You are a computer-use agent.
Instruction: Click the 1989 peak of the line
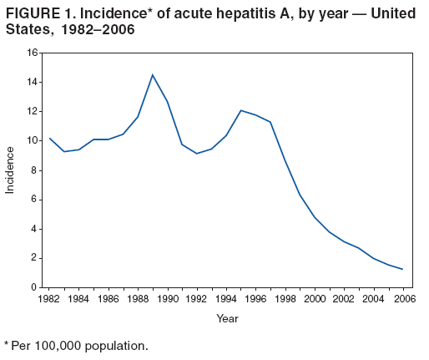pyautogui.click(x=152, y=75)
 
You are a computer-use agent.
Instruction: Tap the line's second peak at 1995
pyautogui.click(x=240, y=110)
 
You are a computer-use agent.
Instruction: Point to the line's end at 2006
pyautogui.click(x=401, y=269)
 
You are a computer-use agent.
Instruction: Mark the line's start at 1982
pyautogui.click(x=49, y=138)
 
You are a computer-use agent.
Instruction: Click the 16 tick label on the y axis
pyautogui.click(x=33, y=53)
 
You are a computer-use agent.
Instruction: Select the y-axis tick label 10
pyautogui.click(x=33, y=140)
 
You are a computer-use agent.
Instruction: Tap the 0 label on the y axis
pyautogui.click(x=35, y=287)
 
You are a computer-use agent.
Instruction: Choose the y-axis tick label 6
pyautogui.click(x=35, y=200)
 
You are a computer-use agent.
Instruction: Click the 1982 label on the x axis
pyautogui.click(x=49, y=298)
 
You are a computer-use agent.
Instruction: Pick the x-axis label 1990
pyautogui.click(x=167, y=298)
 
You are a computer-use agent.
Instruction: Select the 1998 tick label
pyautogui.click(x=285, y=298)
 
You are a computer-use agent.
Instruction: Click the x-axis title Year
pyautogui.click(x=227, y=318)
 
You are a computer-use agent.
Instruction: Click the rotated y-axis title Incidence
pyautogui.click(x=11, y=170)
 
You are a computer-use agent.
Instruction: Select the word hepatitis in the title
pyautogui.click(x=263, y=14)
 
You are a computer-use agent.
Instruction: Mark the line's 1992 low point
pyautogui.click(x=196, y=154)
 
